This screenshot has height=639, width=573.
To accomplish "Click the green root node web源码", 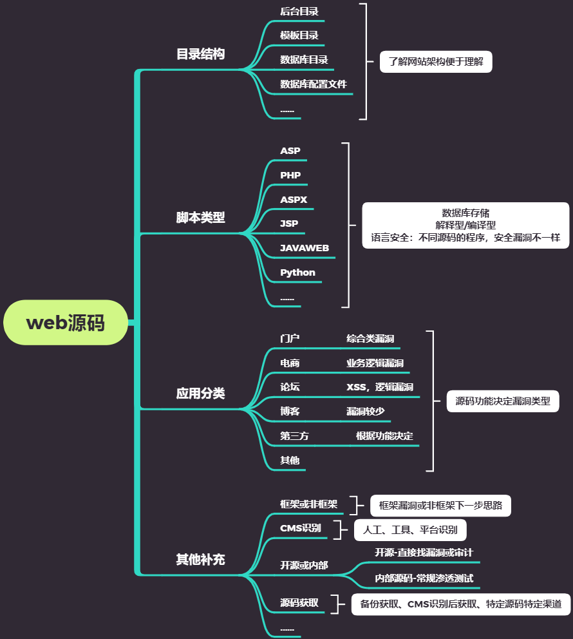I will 65,323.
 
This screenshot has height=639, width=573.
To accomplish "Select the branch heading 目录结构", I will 200,53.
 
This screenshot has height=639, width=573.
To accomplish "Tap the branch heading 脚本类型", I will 200,217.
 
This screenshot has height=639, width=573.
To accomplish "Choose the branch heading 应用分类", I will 200,393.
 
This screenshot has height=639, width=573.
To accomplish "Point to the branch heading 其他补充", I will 200,559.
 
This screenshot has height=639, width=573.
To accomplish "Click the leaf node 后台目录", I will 299,11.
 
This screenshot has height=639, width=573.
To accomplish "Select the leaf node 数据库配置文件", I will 314,84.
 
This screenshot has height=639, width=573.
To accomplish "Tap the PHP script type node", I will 290,175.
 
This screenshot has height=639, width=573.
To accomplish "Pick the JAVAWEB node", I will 305,248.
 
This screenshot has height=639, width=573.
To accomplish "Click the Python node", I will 297,272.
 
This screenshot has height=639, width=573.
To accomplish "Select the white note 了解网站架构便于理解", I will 440,62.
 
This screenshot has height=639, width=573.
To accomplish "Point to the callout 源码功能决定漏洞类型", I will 503,401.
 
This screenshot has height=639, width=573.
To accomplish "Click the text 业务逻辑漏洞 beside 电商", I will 375,363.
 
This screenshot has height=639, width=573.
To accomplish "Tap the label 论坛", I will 290,387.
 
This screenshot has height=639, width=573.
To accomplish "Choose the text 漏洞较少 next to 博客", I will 365,411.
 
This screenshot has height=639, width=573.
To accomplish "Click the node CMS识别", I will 300,528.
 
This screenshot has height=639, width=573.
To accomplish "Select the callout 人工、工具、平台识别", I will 410,530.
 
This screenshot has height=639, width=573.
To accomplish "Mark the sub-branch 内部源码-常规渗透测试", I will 424,578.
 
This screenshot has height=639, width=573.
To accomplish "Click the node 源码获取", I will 299,603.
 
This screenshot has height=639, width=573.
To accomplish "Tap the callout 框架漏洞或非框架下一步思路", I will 440,506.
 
